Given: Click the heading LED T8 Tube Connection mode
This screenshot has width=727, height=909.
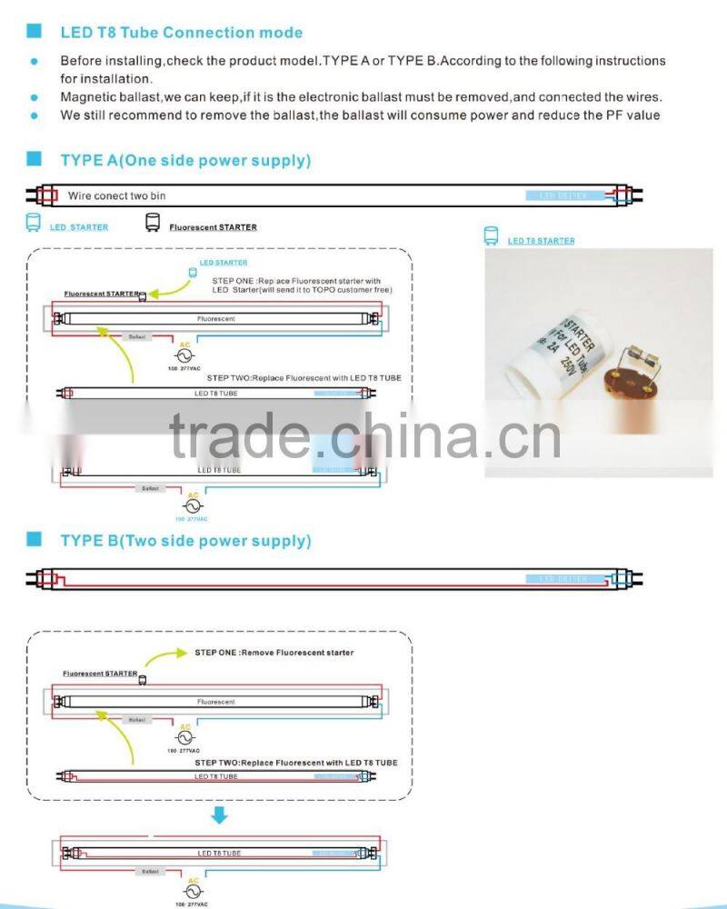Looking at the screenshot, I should tap(181, 33).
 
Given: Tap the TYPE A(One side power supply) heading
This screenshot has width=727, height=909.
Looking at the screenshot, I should tap(185, 161).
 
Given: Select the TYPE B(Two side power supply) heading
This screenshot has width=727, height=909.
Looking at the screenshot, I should tap(185, 541).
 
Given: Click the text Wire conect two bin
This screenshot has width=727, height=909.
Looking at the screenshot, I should tap(116, 195).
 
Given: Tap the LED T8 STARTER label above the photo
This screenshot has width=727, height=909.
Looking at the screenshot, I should tap(541, 241).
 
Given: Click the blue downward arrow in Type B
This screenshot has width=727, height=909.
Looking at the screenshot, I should tap(218, 816).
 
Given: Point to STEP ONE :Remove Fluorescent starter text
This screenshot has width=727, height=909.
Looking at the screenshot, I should tap(274, 653).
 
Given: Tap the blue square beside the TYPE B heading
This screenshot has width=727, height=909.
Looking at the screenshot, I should tap(35, 540).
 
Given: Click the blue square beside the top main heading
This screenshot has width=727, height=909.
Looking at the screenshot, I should tap(35, 32).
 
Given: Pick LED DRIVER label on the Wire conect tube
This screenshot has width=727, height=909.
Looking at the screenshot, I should tap(563, 195).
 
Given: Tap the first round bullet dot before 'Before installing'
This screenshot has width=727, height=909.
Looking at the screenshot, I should tap(35, 62).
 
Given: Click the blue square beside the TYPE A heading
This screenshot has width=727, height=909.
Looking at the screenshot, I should tap(35, 160).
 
